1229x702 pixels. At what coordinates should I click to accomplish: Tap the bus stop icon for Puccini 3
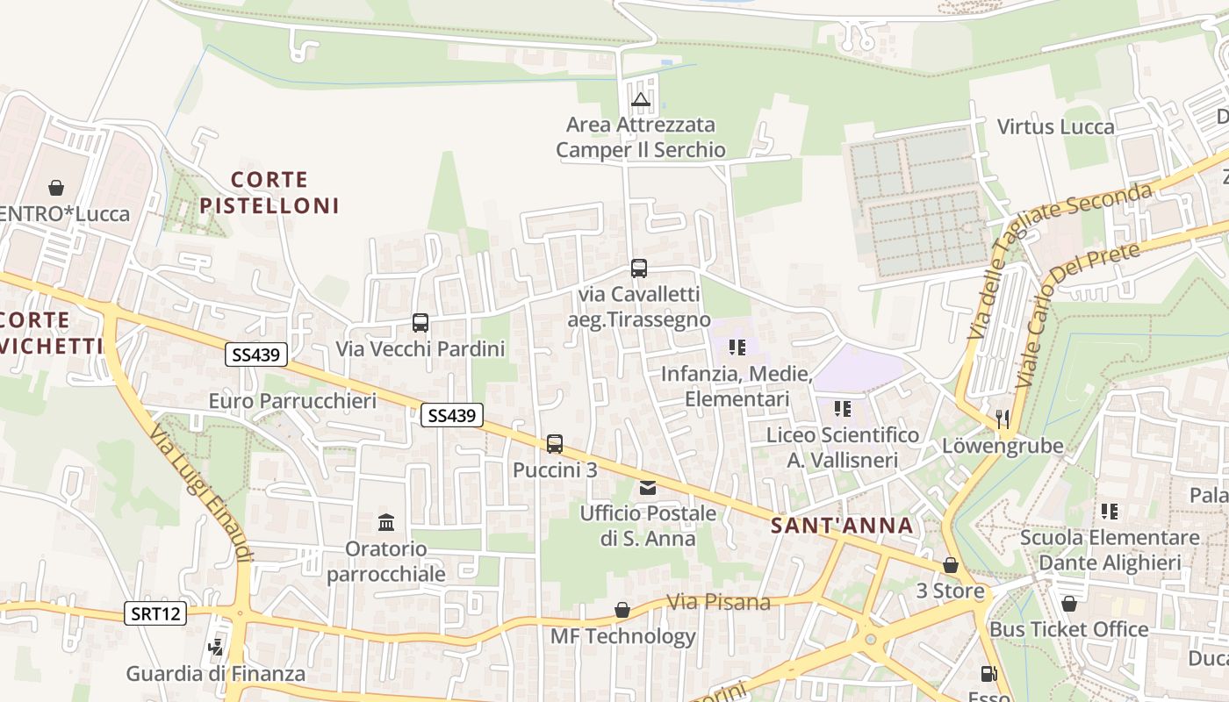coord(555,444)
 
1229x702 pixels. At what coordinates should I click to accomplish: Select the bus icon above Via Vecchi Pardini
coord(420,323)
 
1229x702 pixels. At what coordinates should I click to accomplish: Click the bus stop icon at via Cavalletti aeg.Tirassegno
coord(639,269)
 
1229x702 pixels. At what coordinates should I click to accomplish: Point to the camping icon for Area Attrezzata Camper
coord(641,100)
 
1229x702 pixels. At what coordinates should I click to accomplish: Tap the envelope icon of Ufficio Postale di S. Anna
coord(648,488)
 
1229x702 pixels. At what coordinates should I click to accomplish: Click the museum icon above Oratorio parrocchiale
coord(386,523)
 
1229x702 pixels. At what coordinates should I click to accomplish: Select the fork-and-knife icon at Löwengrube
coord(1003,419)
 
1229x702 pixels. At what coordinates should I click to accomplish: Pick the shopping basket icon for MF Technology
coord(622,610)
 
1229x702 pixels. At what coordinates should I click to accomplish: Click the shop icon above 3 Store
coord(950,566)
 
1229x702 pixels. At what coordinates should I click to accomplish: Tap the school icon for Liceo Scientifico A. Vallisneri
coord(842,409)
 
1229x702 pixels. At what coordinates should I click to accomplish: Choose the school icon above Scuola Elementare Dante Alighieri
coord(1110,511)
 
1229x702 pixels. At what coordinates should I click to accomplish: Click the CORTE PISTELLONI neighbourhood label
coord(269,193)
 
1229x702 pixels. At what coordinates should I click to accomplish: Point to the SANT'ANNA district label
coord(842,526)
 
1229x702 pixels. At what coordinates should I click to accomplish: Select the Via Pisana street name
coord(718,602)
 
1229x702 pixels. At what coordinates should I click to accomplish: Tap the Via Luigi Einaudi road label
coord(201,492)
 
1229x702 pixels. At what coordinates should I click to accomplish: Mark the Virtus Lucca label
coord(1055,126)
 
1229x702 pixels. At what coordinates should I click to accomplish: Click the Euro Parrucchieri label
coord(292,401)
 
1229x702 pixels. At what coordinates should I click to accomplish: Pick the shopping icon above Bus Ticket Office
coord(1068,604)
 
